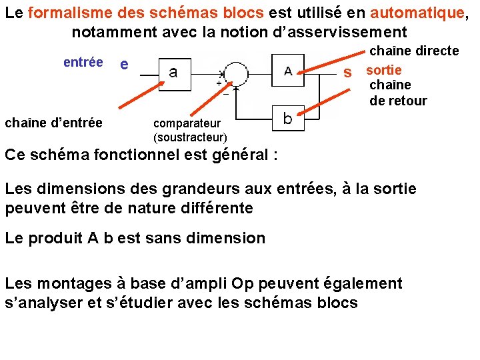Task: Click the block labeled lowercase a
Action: point(174,72)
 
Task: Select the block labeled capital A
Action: point(288,71)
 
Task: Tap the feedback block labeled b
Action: point(287,119)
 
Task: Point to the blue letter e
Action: point(123,65)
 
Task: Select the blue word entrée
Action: point(83,62)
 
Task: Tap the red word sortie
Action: point(384,70)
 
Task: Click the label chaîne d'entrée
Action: point(54,123)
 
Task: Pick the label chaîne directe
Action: point(414,51)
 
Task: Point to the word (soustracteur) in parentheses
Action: point(190,137)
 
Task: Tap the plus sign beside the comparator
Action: point(218,83)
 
